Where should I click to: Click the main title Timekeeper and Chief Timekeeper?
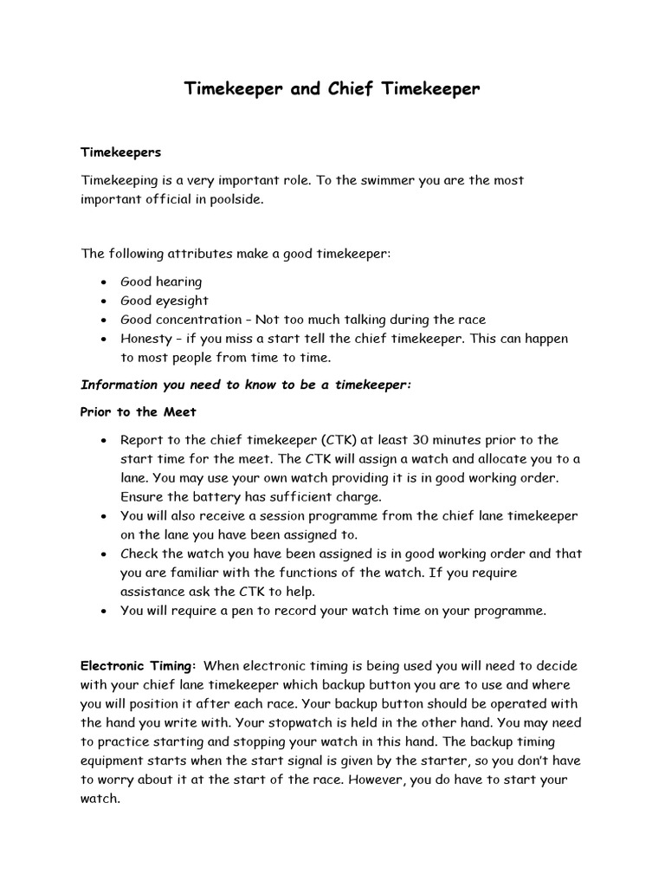point(332,89)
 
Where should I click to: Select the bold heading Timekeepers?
point(121,151)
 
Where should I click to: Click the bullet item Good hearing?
point(161,282)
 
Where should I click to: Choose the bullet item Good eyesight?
point(165,301)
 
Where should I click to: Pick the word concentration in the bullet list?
point(200,320)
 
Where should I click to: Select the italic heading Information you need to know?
point(245,385)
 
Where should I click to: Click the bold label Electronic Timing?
point(139,666)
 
